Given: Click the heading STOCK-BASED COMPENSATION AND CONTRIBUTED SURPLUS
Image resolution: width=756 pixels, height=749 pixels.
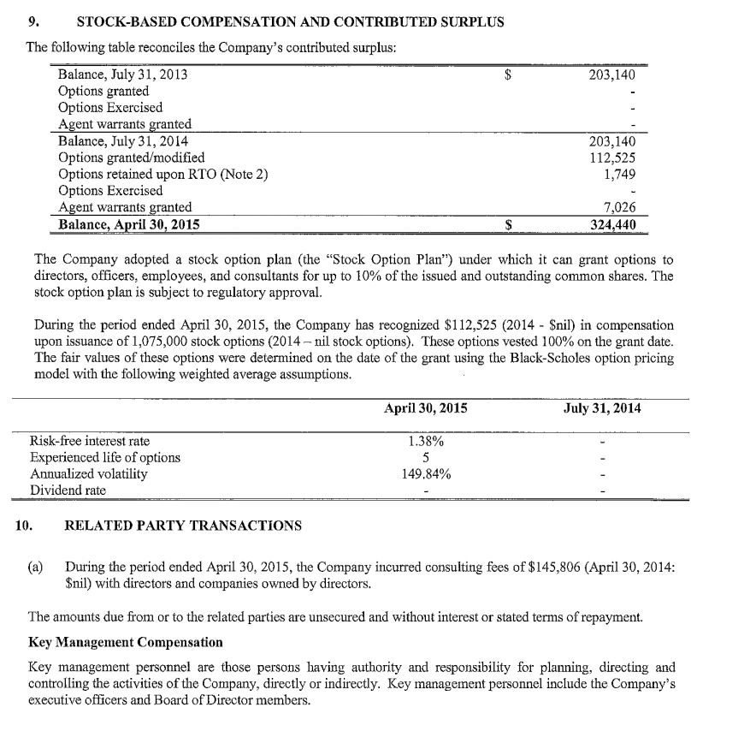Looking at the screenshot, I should coord(290,22).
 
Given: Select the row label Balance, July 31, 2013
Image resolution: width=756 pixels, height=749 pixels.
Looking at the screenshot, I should coord(123,74).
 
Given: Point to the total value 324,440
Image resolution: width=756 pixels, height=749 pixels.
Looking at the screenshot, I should coord(612,224).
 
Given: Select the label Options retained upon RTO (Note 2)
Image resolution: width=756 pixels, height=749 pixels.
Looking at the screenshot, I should coord(162,174).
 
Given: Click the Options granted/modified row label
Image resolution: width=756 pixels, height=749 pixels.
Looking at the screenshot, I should coord(131,158).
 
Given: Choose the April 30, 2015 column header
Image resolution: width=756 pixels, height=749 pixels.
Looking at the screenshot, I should coord(426,408).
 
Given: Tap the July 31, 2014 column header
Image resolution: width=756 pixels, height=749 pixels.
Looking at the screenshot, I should coord(602,408).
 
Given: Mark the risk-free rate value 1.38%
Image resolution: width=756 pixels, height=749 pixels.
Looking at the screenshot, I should coord(425,441).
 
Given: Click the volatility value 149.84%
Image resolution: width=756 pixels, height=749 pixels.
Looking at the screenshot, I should coord(425,473).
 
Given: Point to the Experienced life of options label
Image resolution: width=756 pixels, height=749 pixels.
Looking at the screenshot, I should coord(105,457).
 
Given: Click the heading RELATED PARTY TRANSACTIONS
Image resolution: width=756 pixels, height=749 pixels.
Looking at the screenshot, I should coord(183,525).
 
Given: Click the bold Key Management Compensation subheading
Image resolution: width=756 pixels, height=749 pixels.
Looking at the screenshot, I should coord(126,642).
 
